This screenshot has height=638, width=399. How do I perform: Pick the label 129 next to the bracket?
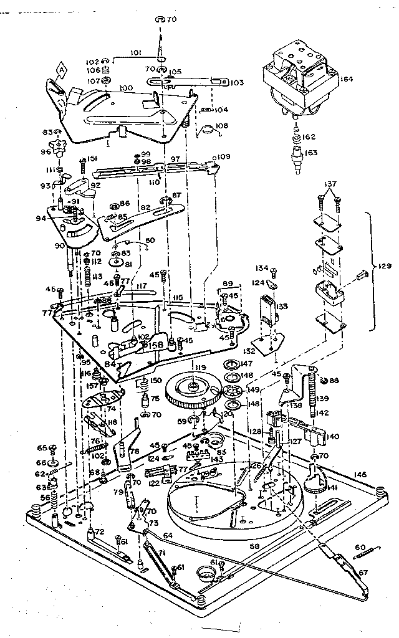pyautogui.click(x=385, y=266)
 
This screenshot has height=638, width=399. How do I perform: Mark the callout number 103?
pyautogui.click(x=236, y=82)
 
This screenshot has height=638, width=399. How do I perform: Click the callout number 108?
pyautogui.click(x=221, y=126)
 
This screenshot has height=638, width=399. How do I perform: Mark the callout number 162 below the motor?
pyautogui.click(x=310, y=136)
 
